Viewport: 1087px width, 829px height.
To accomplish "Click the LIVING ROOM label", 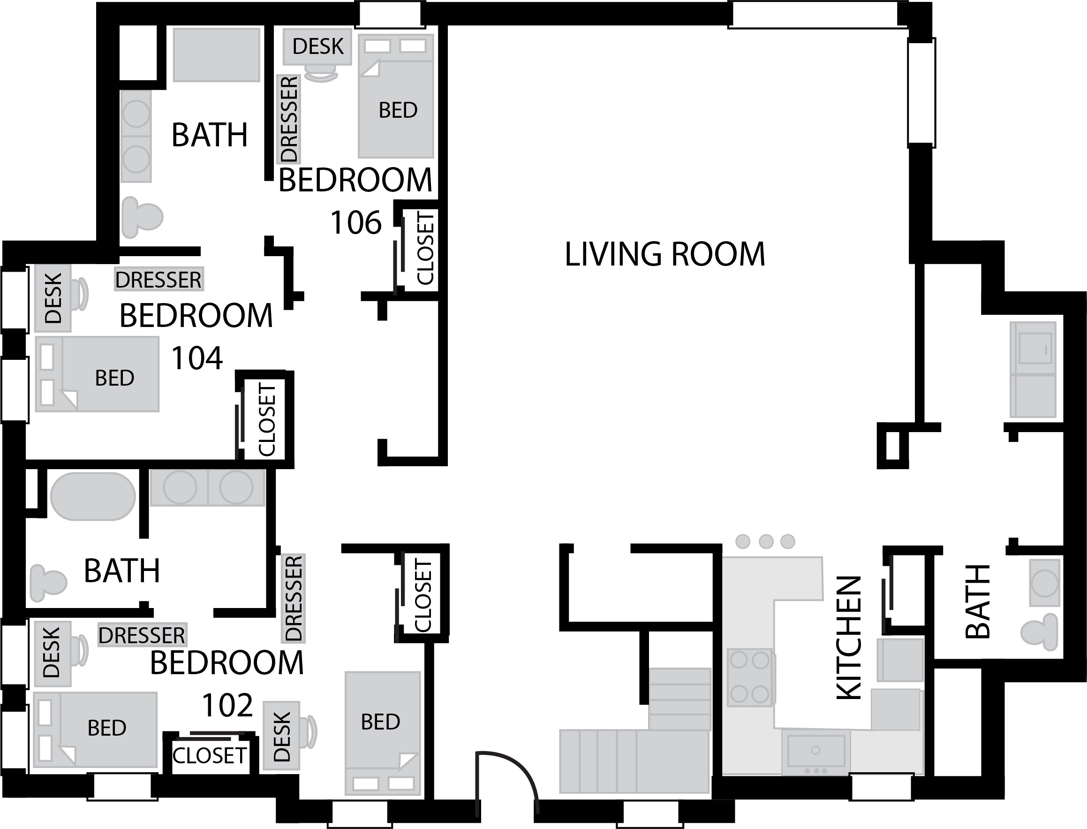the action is pos(665,255).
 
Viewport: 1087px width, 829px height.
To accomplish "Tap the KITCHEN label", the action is pos(849,638).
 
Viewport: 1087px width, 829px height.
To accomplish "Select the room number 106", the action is pos(356,222).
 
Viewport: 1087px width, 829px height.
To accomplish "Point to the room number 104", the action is pos(197,358).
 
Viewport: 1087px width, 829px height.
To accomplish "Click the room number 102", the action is pos(227,706).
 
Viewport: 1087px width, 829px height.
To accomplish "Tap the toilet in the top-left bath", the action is pos(142,217).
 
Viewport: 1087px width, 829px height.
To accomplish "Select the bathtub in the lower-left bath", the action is pos(93,496).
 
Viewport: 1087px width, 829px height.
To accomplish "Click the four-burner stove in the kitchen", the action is pos(750,677).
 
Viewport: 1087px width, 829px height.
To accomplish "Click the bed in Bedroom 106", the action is pos(395,96).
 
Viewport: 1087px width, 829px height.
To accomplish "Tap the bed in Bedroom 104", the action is pos(97,374).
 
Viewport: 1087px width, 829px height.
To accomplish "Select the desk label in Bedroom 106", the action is pos(317,46).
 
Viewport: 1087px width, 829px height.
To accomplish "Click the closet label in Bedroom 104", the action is pos(267,419).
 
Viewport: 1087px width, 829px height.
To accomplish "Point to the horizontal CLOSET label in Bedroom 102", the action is pos(209,756).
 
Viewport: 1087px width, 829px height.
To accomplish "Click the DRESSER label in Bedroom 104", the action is pos(159,280).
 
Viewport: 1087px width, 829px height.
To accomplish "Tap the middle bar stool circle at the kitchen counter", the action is pos(766,541).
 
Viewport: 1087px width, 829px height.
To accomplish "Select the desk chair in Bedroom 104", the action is pos(80,294).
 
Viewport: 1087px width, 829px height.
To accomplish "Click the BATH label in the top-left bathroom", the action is pos(209,135).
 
